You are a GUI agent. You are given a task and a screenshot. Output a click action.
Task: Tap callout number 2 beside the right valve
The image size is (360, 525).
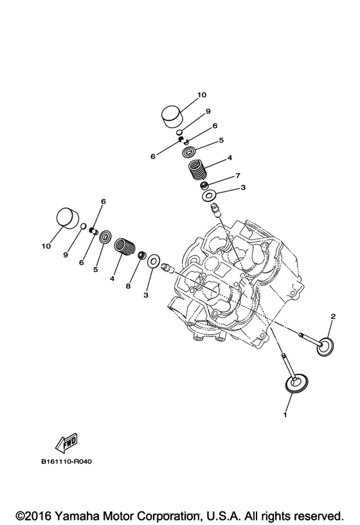coord(333,316)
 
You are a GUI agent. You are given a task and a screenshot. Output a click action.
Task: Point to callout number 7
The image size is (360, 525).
coord(220,175)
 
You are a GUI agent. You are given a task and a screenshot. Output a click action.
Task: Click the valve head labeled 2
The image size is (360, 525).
coord(327,346)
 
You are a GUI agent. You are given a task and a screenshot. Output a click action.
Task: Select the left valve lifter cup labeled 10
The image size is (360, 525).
coord(67,217)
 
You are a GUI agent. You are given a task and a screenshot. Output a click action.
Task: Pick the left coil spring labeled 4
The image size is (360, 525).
coord(124,246)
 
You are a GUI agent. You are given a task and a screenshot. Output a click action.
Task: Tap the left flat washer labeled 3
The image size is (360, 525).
coord(154,261)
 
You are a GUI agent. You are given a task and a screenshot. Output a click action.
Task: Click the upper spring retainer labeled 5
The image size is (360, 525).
coord(189,152)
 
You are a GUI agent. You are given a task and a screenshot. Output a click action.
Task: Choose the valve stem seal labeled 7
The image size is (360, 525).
coord(204,185)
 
